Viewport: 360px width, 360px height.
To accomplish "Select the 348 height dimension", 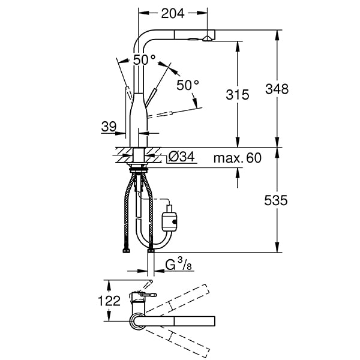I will click(277, 89).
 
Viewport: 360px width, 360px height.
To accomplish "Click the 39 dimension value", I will click(109, 126).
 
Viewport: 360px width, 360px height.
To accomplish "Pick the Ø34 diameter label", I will click(181, 157).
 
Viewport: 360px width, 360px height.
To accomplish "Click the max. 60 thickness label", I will click(238, 158).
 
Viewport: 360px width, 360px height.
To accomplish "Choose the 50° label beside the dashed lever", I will click(187, 85).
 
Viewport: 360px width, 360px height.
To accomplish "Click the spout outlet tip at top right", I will click(207, 37).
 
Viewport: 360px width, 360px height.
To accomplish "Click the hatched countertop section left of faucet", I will click(120, 152).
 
